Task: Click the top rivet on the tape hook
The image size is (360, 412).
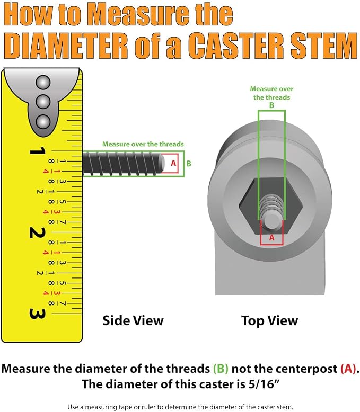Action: coord(43,83)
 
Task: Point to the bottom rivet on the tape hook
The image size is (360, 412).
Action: coord(43,122)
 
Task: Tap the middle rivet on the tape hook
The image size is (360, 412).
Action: coord(43,102)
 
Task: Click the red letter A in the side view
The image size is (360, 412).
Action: coord(173,163)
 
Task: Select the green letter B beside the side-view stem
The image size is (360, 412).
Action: coord(189,164)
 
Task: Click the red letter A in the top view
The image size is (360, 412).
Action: coord(271,238)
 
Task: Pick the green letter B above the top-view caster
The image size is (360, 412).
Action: coord(271,105)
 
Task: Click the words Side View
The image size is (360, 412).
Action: coord(133,320)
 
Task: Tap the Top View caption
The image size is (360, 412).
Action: coord(270,320)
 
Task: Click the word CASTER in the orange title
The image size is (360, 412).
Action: coord(236,46)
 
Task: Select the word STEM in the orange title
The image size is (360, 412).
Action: coord(324,46)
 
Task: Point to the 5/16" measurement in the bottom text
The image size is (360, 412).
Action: coord(263,384)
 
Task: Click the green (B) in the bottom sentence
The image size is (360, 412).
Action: coord(221,369)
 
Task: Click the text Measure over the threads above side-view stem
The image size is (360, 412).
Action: coord(143,144)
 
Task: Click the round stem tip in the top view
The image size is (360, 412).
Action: coord(271,221)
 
